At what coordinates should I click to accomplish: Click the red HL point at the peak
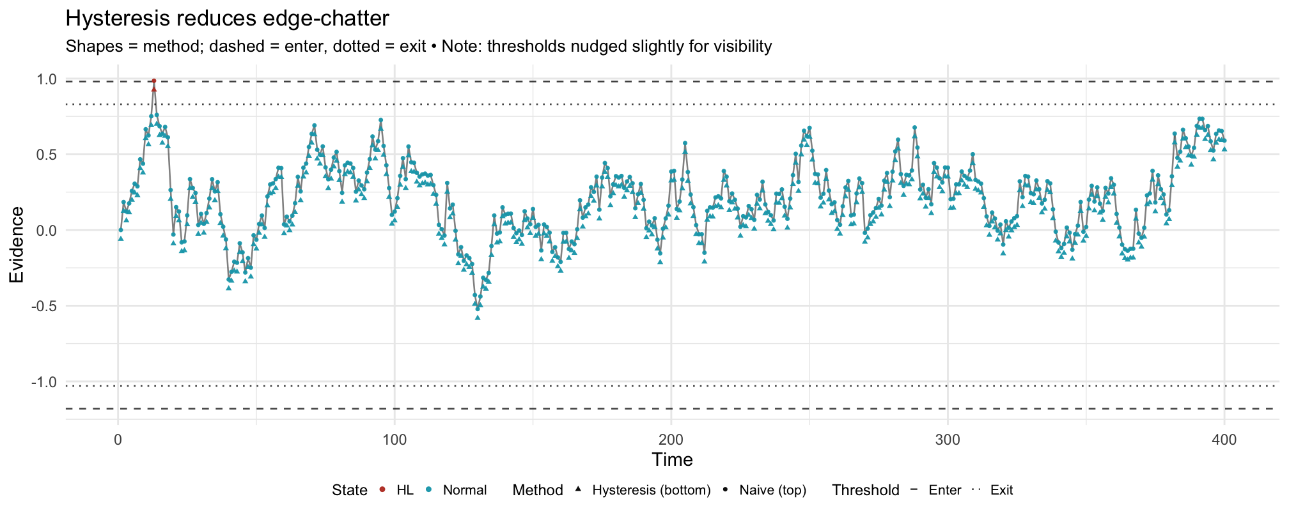(154, 81)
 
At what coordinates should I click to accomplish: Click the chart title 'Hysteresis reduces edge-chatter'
(227, 19)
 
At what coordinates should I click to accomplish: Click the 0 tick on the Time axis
(118, 440)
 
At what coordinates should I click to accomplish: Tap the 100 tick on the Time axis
(395, 440)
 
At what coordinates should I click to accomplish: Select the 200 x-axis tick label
(671, 440)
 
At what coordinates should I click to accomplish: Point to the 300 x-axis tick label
(948, 440)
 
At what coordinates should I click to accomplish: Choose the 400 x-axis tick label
(1224, 440)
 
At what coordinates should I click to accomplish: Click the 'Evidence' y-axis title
(17, 245)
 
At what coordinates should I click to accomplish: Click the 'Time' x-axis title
(672, 460)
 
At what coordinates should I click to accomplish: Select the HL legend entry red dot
(382, 490)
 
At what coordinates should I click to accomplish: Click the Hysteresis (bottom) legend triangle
(578, 490)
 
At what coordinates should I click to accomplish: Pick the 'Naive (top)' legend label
(772, 490)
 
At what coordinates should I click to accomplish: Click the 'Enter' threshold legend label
(945, 490)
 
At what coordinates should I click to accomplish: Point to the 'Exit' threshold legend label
(1001, 490)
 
